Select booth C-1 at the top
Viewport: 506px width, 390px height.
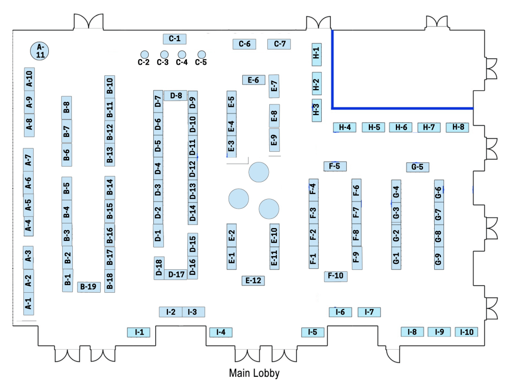(175, 38)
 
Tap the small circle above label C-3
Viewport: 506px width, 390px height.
(164, 54)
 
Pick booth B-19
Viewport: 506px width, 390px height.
(89, 287)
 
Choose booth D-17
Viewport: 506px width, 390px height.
(177, 274)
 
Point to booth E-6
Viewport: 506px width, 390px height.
(254, 80)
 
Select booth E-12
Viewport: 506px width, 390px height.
(253, 280)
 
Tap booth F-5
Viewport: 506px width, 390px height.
(335, 166)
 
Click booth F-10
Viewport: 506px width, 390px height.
(335, 276)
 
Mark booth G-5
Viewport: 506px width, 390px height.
(417, 166)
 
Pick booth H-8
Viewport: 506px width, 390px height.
(457, 127)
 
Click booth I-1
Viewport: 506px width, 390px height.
(139, 332)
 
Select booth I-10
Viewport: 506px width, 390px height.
(466, 332)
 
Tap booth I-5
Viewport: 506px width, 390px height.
(313, 332)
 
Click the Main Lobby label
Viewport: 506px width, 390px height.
(254, 373)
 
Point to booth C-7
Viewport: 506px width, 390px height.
(279, 44)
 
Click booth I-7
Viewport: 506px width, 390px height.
(369, 312)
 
